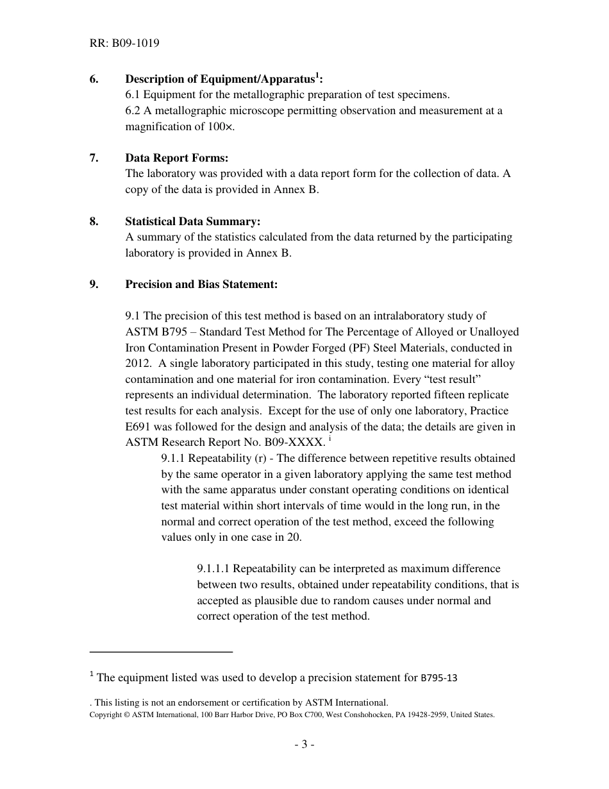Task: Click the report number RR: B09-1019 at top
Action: click(x=124, y=44)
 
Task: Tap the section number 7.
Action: click(x=94, y=158)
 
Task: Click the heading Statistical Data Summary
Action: click(x=192, y=221)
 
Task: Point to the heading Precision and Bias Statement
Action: click(x=201, y=284)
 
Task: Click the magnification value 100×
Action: click(x=221, y=126)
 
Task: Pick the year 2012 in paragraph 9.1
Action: click(x=138, y=364)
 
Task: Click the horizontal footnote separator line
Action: click(x=161, y=652)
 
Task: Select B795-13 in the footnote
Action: click(x=438, y=677)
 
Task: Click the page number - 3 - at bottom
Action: click(x=304, y=745)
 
